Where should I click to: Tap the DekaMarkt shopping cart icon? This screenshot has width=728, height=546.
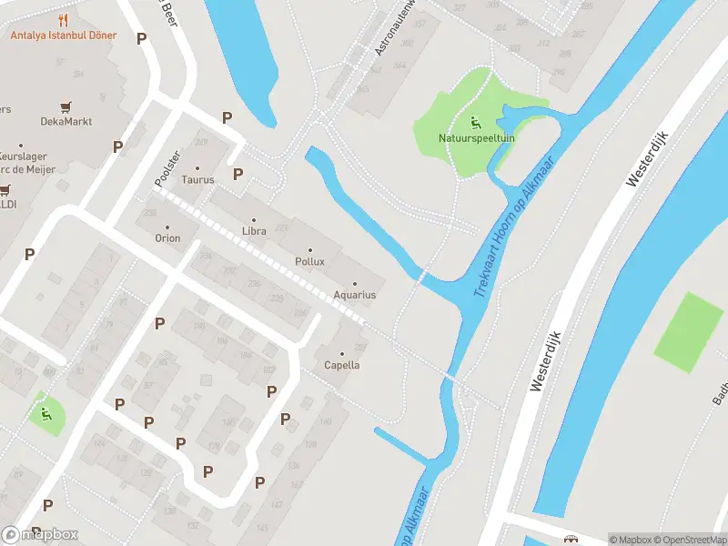(66, 107)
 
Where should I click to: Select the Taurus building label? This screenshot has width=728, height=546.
(197, 179)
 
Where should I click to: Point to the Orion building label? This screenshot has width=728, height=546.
(167, 238)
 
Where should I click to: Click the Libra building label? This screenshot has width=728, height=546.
(253, 232)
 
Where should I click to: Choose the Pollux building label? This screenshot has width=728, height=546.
(309, 261)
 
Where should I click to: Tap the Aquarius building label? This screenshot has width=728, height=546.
(355, 295)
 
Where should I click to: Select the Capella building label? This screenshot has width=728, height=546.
(342, 365)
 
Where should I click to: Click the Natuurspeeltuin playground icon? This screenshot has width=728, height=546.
(473, 122)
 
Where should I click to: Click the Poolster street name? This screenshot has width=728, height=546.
(167, 169)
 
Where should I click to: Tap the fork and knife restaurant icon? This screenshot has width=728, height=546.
(62, 20)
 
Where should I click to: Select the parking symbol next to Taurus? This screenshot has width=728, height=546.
(238, 174)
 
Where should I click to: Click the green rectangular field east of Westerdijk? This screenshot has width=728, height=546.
(689, 332)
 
